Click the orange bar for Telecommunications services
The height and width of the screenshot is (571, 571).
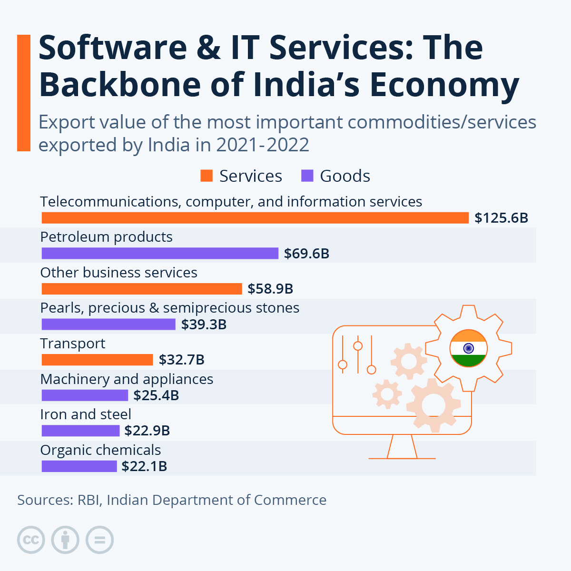255,218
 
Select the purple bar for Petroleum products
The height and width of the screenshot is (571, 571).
160,253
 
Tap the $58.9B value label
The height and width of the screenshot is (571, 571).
270,289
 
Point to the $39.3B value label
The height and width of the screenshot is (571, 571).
204,325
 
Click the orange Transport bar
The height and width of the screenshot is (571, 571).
97,360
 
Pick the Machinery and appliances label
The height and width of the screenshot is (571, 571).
127,379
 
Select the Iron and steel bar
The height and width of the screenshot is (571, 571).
80,431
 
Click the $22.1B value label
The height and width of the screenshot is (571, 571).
144,466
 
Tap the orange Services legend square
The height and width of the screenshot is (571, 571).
207,176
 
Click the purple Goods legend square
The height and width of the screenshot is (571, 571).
307,176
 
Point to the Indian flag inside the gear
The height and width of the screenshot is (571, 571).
468,348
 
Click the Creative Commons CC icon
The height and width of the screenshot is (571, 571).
31,540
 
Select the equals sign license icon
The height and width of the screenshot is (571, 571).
100,540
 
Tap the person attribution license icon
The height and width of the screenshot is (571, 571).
66,540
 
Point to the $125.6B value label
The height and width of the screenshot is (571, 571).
502,218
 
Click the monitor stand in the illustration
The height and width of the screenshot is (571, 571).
402,447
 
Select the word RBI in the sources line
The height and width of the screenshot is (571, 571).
89,500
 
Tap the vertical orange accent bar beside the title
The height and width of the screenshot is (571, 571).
23,93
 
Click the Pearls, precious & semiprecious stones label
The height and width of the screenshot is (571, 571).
170,308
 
